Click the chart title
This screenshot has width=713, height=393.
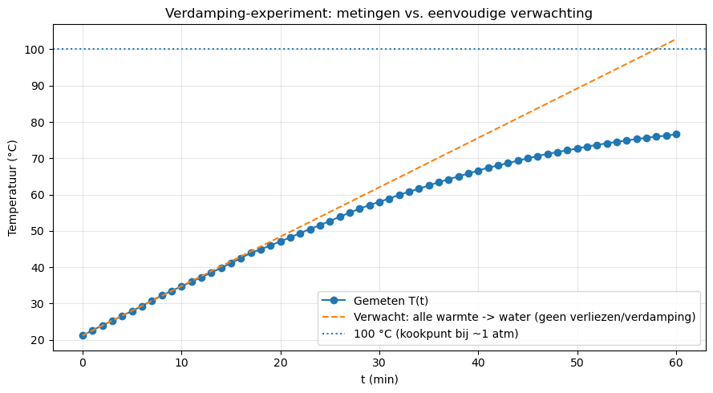(x=379, y=14)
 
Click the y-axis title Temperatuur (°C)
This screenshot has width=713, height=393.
(x=12, y=187)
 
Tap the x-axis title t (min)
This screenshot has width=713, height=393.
(x=379, y=379)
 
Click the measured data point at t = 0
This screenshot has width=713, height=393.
(x=83, y=335)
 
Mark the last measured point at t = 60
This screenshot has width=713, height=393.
(x=676, y=134)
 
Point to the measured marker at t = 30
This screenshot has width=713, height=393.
(x=379, y=202)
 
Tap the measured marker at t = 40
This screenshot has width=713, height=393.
(x=478, y=171)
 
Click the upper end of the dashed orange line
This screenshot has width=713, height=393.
(x=675, y=39)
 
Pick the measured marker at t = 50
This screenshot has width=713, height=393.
(x=577, y=148)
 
